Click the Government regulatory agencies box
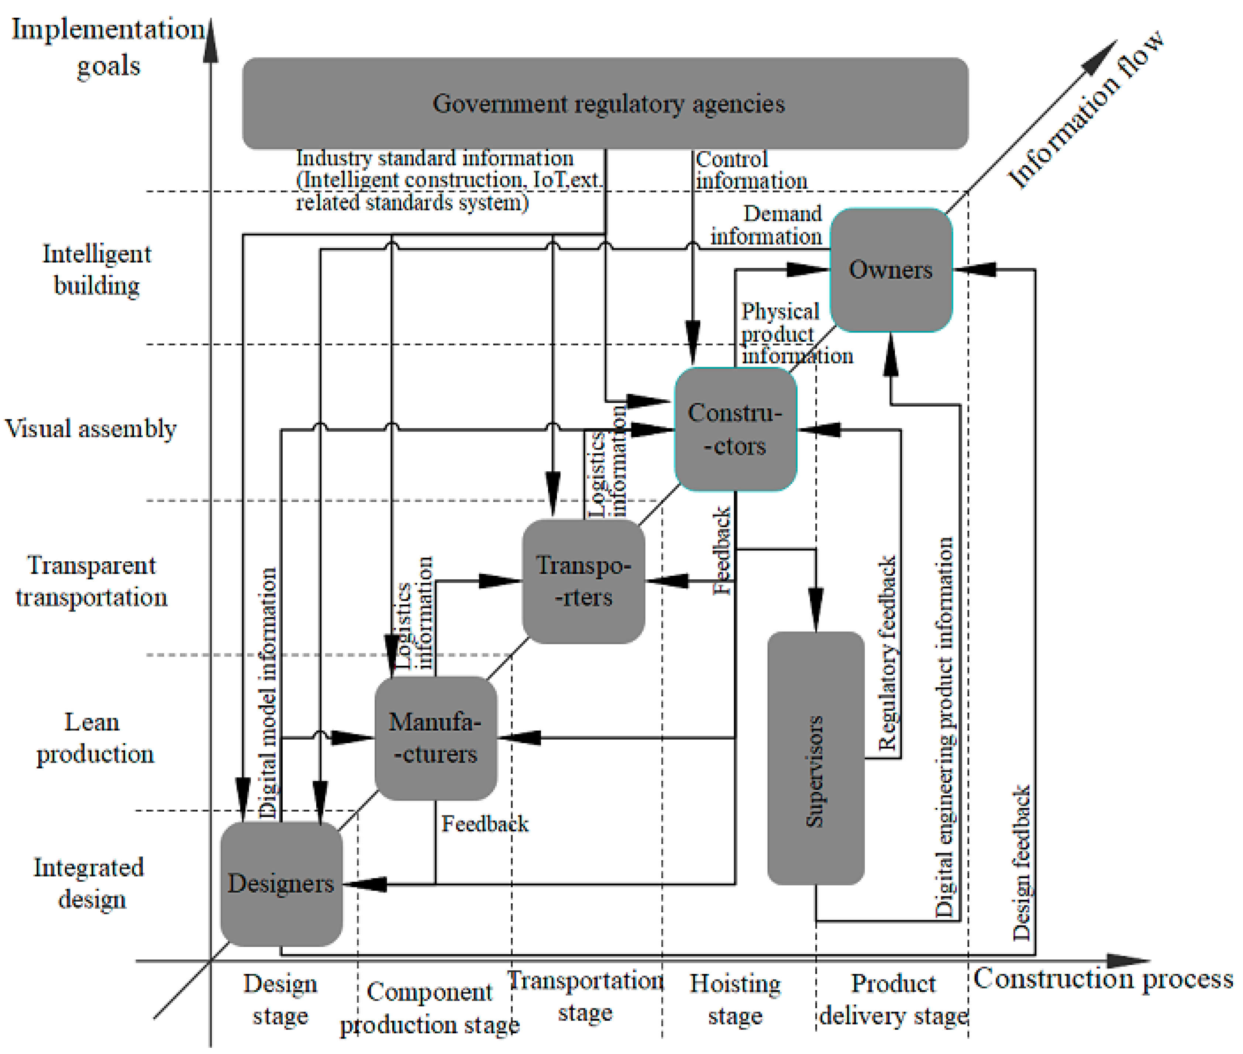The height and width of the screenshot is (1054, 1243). tap(605, 103)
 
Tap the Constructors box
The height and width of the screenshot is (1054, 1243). tap(735, 429)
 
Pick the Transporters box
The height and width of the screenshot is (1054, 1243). tap(583, 581)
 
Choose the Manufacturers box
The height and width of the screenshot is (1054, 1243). tap(435, 738)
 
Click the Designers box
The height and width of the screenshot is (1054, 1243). tap(281, 883)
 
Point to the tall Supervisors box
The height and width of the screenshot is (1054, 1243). tap(815, 758)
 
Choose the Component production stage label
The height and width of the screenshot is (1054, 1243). tap(429, 1008)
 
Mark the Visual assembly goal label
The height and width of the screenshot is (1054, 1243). tap(91, 428)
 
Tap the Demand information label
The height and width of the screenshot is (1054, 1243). tap(767, 225)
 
